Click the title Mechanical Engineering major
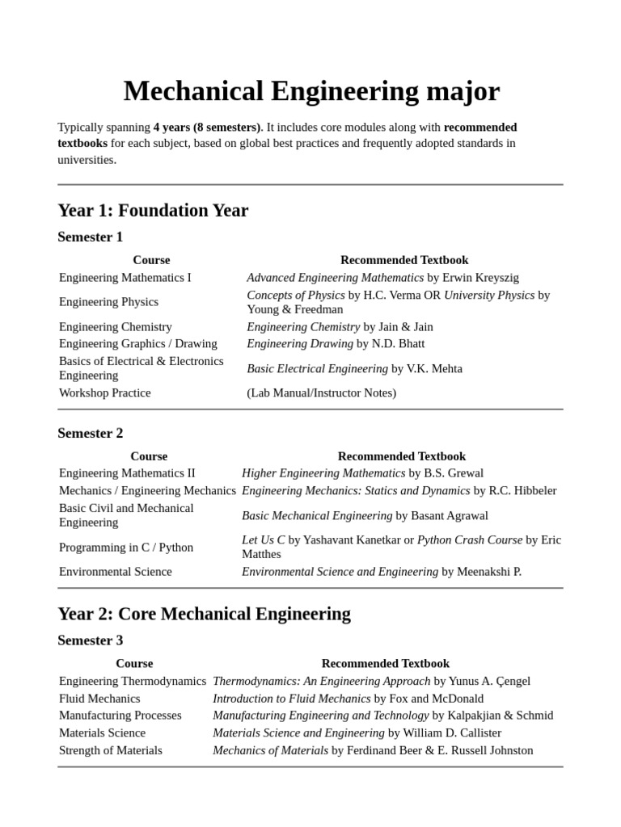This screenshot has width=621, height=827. point(311,91)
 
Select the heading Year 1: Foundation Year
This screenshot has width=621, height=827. point(153,211)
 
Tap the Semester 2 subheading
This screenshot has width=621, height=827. point(90,433)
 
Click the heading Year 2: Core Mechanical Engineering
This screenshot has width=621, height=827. point(204,614)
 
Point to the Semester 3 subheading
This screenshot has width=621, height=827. point(90,640)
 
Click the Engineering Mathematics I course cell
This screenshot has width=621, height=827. point(125,278)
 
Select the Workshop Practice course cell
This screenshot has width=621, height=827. point(105,393)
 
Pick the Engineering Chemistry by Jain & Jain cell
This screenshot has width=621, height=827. point(340,327)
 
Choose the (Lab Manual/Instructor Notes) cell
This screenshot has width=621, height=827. point(321,393)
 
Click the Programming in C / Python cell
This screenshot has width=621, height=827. point(126,548)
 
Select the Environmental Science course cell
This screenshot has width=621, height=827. point(116,572)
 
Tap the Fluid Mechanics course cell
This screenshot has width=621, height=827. point(99,699)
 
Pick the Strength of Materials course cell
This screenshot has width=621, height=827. point(111,750)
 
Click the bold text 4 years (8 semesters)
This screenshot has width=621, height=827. point(207,128)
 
